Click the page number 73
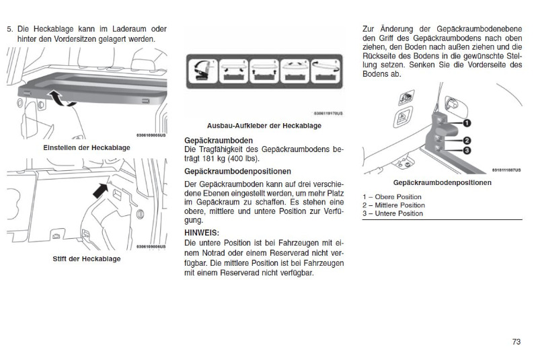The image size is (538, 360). pyautogui.click(x=516, y=342)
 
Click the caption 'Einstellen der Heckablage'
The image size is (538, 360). pyautogui.click(x=86, y=147)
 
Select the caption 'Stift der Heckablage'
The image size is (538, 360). pyautogui.click(x=86, y=259)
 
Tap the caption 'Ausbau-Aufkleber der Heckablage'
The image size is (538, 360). pyautogui.click(x=264, y=125)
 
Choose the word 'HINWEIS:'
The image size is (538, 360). pyautogui.click(x=201, y=233)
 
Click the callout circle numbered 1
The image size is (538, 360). pyautogui.click(x=466, y=122)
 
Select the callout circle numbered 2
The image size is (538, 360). pyautogui.click(x=466, y=141)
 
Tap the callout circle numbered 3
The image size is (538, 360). pyautogui.click(x=466, y=151)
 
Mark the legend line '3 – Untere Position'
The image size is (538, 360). pyautogui.click(x=393, y=214)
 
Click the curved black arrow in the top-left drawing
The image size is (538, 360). pyautogui.click(x=62, y=100)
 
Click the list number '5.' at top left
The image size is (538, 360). pyautogui.click(x=9, y=30)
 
